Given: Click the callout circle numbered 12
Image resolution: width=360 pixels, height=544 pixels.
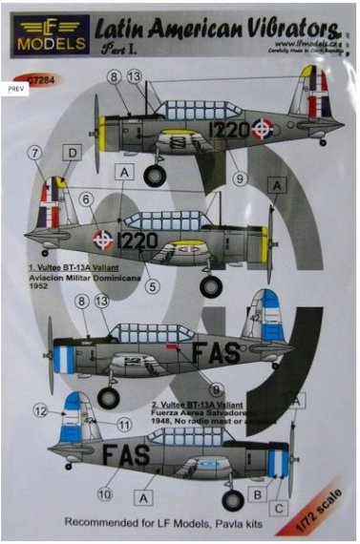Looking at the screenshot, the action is coord(39,410).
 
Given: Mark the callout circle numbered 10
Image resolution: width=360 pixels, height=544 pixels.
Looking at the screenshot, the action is coord(103,495).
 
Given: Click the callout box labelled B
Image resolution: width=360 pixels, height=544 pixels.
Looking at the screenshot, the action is coord(257,494).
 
